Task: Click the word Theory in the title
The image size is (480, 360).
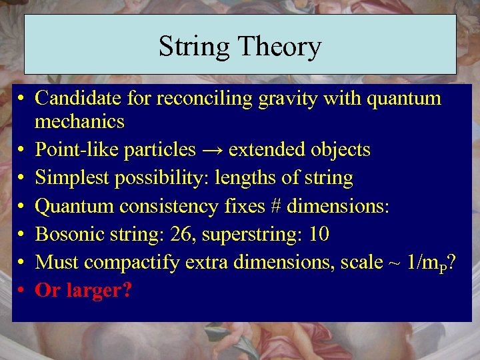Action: click(279, 47)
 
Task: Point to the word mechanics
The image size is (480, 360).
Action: click(79, 122)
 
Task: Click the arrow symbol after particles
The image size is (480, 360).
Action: click(212, 150)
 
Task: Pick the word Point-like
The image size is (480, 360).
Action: click(71, 150)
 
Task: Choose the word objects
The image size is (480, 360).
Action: click(341, 150)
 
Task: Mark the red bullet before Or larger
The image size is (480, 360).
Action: click(22, 291)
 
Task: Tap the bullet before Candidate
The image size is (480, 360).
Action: click(22, 99)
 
